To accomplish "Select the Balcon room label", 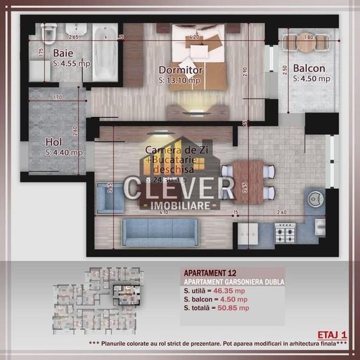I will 309,68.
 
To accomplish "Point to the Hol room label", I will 54,142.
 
